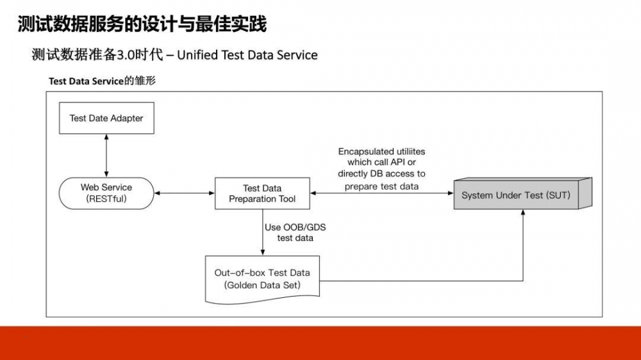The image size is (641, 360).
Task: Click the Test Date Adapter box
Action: tap(106, 118)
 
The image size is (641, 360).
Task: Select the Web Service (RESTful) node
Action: tap(106, 193)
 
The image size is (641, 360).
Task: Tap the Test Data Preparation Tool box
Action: tap(262, 193)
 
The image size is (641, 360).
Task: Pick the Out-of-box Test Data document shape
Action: tap(262, 279)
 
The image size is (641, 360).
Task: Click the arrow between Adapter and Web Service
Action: tap(106, 156)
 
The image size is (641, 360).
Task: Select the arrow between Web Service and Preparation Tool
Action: tap(184, 193)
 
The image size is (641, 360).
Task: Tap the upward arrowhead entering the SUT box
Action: tap(524, 216)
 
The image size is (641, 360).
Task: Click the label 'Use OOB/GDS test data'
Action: tap(295, 233)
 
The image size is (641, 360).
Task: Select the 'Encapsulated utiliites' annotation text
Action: tap(381, 152)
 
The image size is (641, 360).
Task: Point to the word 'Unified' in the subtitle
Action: tap(197, 55)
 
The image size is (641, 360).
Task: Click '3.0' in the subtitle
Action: tap(124, 55)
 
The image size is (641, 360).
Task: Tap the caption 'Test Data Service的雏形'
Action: tap(102, 81)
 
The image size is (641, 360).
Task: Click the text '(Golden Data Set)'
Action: tap(262, 285)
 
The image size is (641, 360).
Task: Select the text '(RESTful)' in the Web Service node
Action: tap(106, 199)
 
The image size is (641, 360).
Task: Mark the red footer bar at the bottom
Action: tap(320, 343)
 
